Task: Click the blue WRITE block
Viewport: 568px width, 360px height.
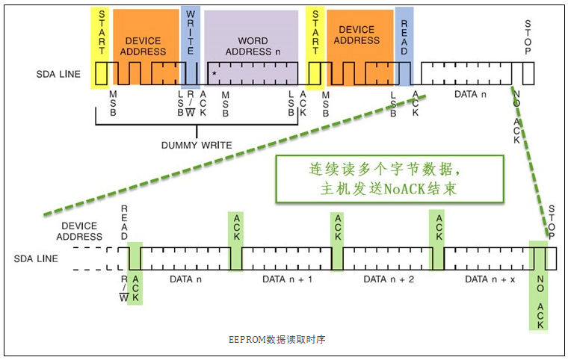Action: click(x=190, y=45)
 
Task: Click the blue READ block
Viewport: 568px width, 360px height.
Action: click(x=404, y=45)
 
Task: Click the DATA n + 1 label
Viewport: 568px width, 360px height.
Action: click(x=286, y=279)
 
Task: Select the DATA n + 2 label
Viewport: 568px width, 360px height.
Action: click(x=388, y=279)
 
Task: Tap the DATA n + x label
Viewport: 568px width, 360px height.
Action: click(x=490, y=279)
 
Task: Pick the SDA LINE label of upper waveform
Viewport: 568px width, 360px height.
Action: click(x=58, y=75)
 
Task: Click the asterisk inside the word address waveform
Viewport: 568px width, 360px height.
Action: click(x=214, y=74)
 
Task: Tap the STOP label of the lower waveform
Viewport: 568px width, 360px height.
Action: click(x=552, y=222)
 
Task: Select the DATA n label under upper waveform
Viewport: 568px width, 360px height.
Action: click(x=470, y=96)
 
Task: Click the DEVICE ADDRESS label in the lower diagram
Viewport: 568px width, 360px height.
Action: click(x=79, y=231)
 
